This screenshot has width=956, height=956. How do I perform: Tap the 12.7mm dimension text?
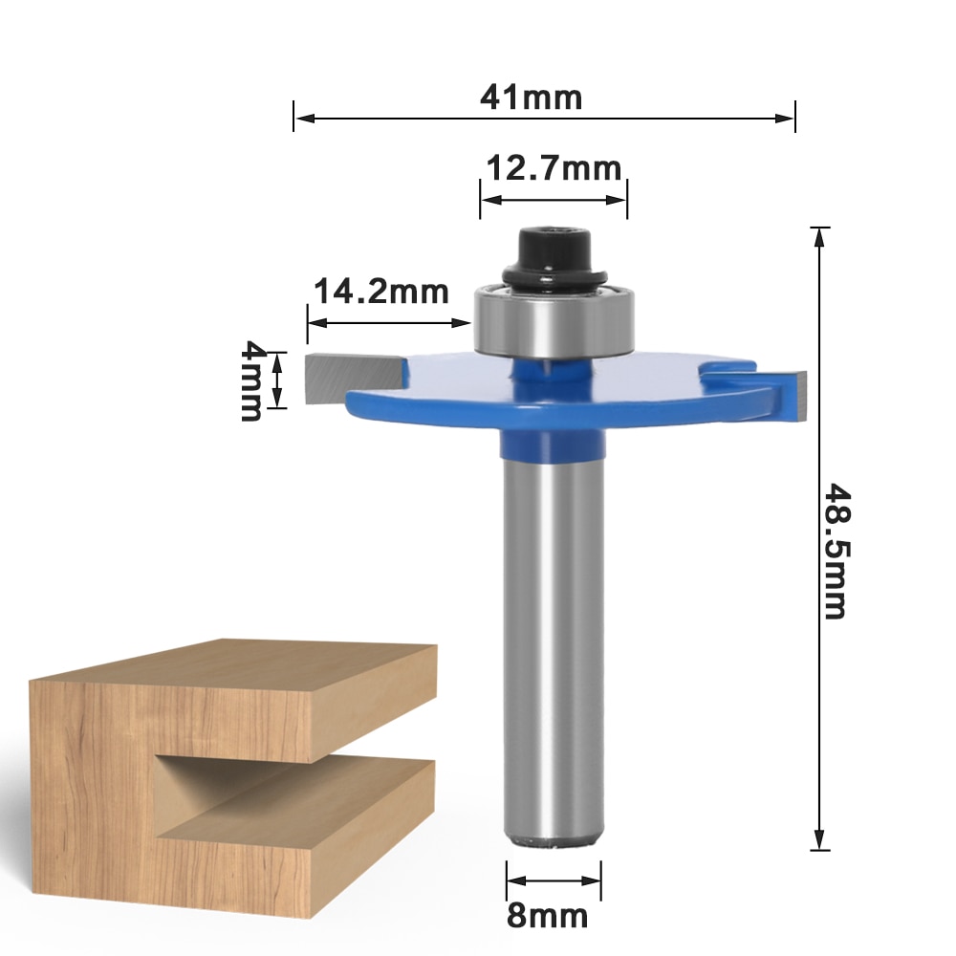pos(554,169)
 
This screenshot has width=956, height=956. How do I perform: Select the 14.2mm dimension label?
pos(381,291)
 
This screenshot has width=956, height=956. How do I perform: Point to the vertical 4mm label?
pos(251,380)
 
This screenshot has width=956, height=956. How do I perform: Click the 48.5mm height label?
pos(836,551)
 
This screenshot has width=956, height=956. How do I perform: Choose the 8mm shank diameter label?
pos(547,917)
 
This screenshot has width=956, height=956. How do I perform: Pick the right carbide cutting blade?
pos(797,394)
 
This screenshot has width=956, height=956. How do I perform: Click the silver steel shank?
pos(554,650)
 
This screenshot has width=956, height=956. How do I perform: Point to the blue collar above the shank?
pos(554,445)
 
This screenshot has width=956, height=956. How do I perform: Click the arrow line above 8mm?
pos(554,882)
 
